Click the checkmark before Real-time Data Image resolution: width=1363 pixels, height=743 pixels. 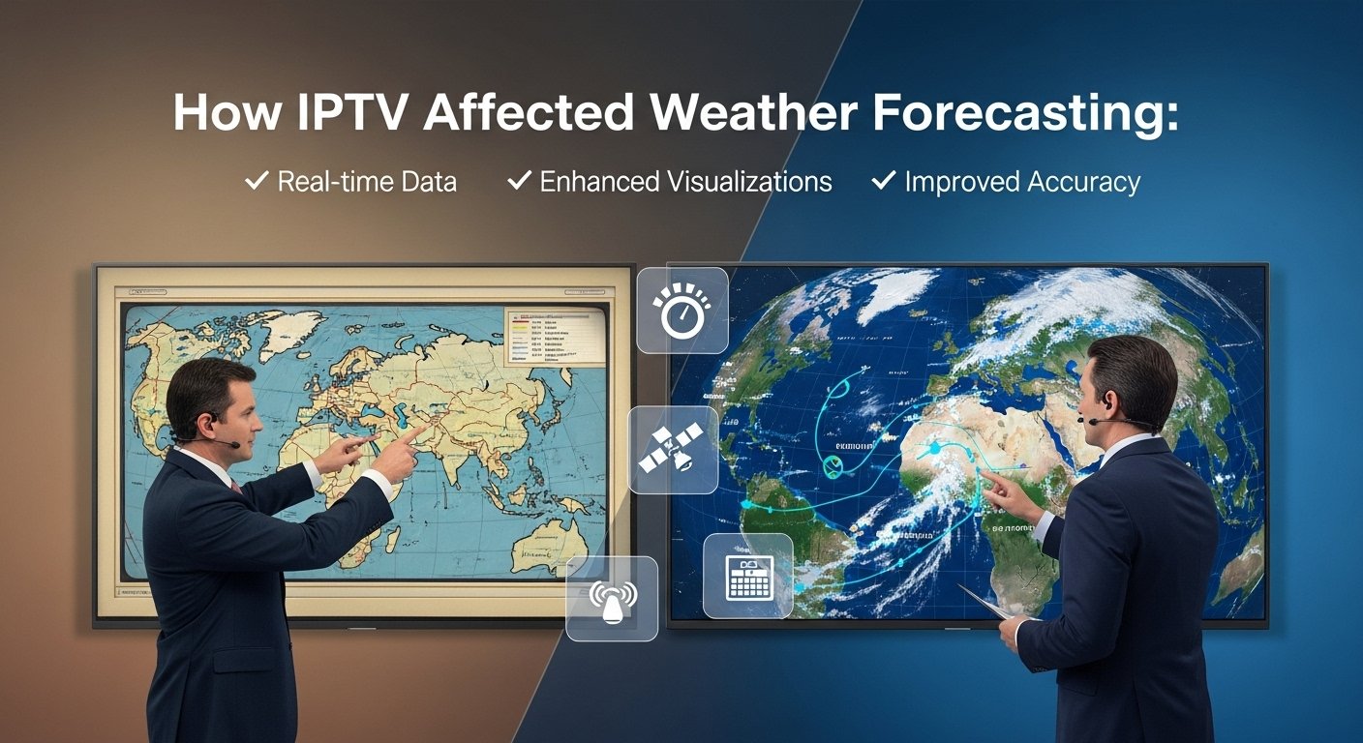click(x=257, y=180)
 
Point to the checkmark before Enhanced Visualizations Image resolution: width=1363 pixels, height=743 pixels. click(x=520, y=180)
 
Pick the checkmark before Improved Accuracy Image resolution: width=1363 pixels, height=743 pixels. click(x=884, y=180)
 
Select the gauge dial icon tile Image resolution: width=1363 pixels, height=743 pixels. click(x=681, y=311)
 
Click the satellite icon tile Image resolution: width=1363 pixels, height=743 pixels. click(x=673, y=450)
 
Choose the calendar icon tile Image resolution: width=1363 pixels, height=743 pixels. click(x=747, y=576)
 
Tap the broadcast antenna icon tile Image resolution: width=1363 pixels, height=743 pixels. click(x=612, y=598)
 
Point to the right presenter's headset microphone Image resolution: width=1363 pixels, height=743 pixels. click(x=1093, y=422)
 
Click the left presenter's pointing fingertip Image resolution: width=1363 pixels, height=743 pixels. click(x=425, y=427)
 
